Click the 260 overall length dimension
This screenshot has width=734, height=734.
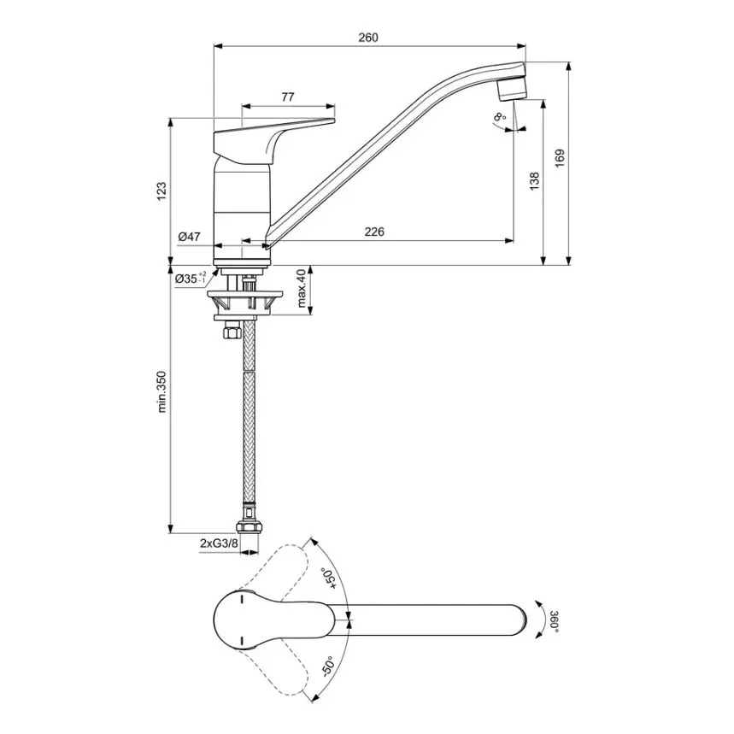368,38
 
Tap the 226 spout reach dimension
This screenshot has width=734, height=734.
374,232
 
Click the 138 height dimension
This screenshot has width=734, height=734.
534,180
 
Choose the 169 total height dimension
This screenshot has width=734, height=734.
561,157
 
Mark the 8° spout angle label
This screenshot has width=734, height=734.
499,117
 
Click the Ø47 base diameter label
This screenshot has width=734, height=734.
189,237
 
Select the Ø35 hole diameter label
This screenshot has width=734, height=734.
191,279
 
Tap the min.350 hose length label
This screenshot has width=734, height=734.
162,391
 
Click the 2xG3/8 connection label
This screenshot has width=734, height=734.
219,543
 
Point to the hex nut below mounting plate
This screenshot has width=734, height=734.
230,332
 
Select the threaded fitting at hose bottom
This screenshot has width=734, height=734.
248,518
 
